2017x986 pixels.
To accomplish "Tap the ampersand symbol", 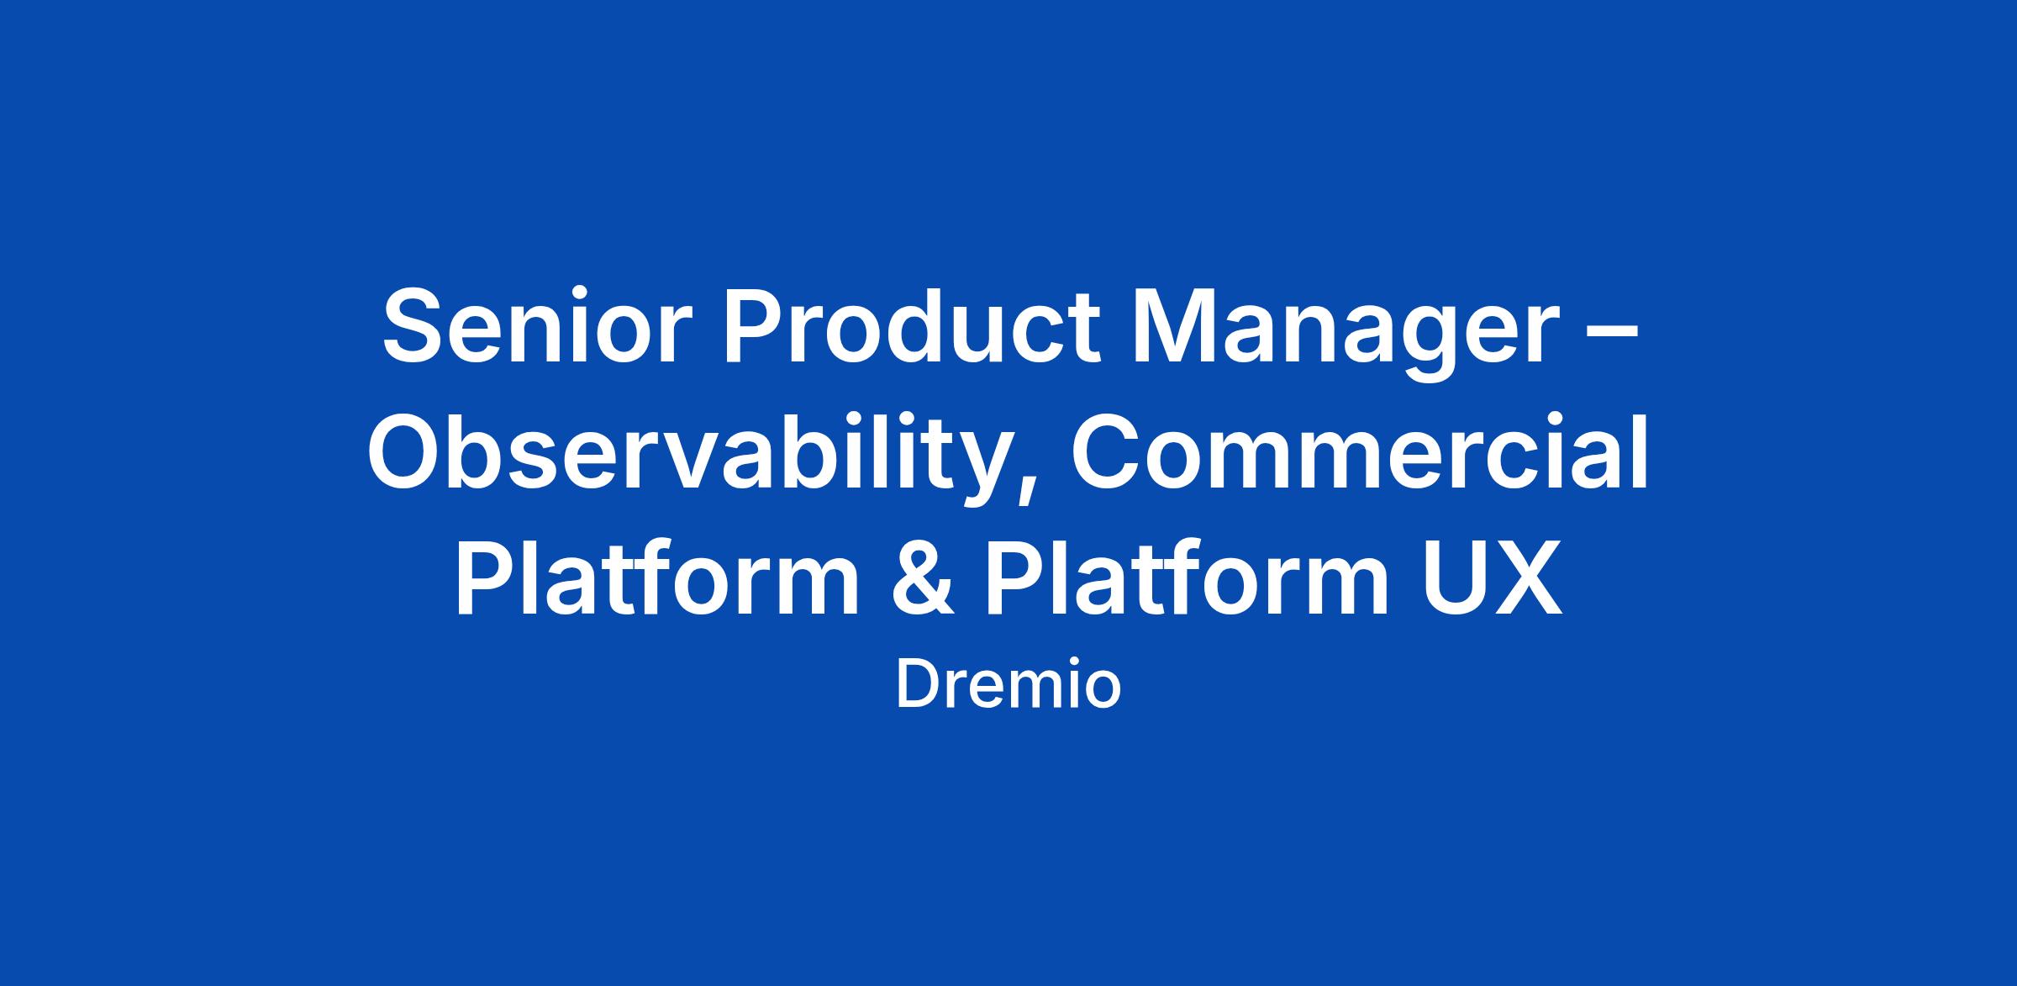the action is click(x=920, y=578).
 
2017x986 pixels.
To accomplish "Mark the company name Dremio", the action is click(x=1008, y=685).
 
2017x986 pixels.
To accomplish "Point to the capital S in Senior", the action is click(x=415, y=327).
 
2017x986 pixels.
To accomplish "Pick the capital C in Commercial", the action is click(x=1105, y=451).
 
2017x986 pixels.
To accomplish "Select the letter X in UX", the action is click(x=1527, y=579).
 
